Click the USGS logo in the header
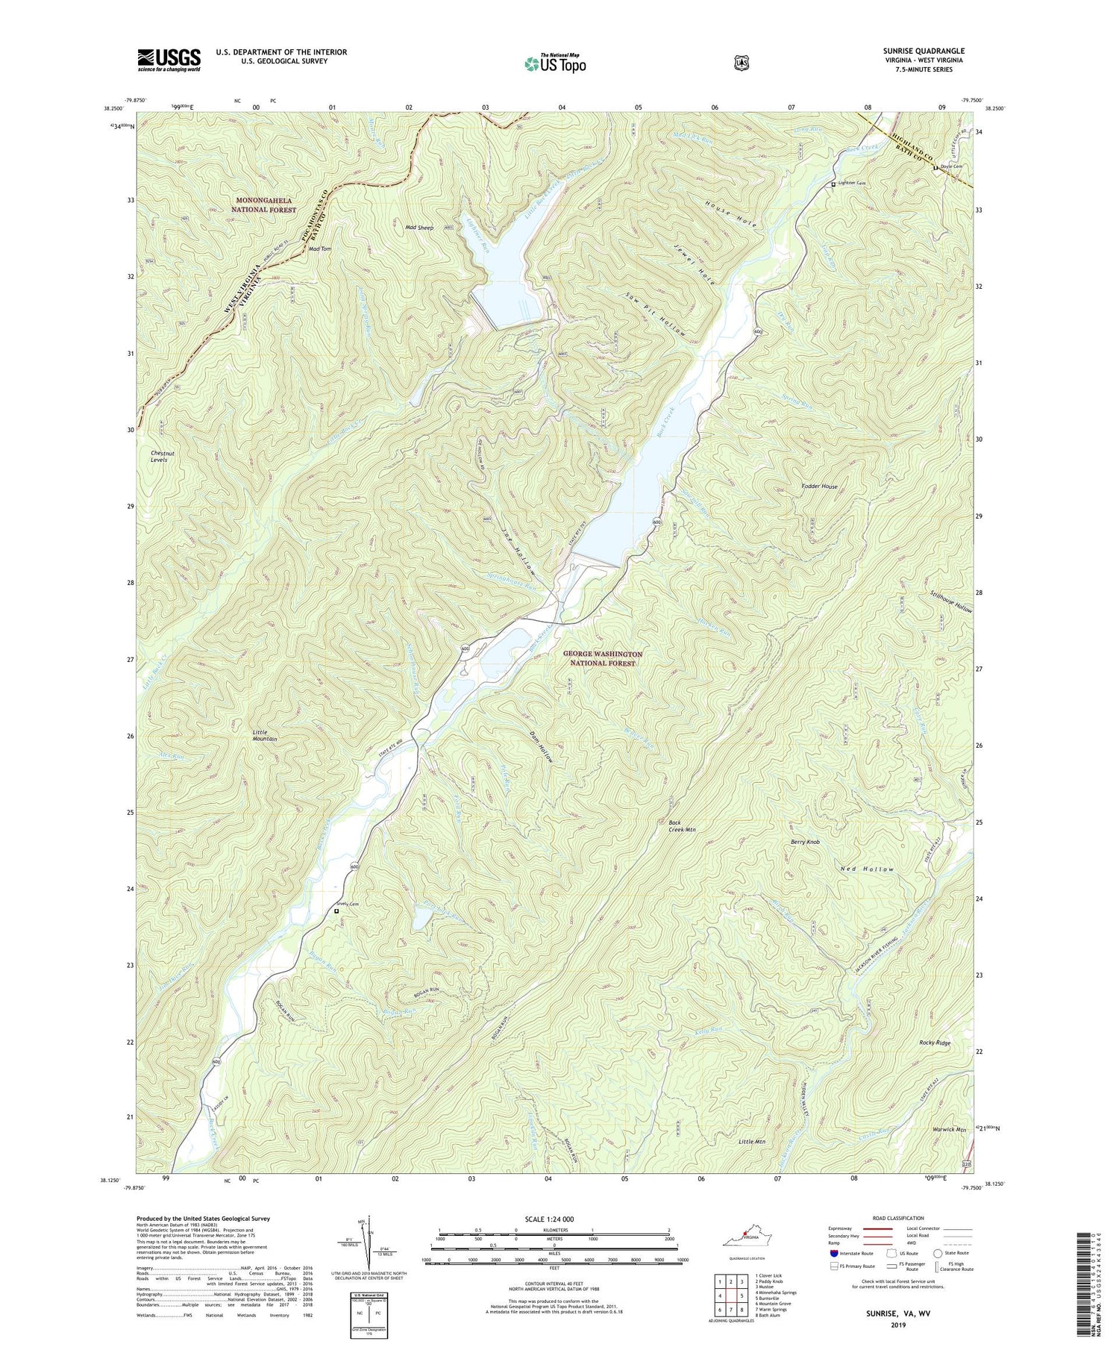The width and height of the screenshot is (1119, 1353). point(169,60)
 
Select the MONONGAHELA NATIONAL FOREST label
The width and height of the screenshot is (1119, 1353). point(266,205)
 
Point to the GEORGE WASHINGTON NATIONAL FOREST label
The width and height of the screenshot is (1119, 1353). point(602,658)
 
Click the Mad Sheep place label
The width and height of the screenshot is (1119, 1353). point(419,227)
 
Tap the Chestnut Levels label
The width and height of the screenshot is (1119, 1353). point(158,456)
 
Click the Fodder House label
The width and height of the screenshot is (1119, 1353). point(818,486)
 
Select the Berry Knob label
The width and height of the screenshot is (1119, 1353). point(805,842)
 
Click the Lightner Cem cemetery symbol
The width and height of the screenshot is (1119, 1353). point(834,184)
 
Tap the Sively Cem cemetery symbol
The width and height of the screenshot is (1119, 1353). point(336,910)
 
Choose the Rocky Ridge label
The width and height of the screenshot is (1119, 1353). point(935,1043)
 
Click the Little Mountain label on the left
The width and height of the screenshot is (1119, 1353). point(264,735)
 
